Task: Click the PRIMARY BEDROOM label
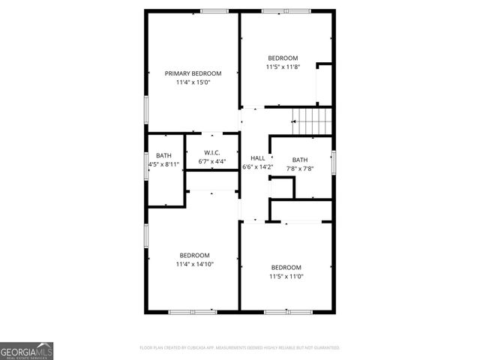point(193,73)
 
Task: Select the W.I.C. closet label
point(212,153)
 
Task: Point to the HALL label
point(256,158)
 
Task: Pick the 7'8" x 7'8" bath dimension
point(300,169)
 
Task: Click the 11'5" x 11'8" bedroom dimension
point(283,67)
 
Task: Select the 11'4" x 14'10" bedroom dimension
point(194,264)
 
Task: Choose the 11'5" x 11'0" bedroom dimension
point(286,276)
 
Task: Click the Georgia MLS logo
point(26,350)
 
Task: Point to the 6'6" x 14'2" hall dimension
point(256,166)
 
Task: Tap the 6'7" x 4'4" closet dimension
point(212,161)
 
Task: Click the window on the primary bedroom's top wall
point(214,10)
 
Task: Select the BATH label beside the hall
point(300,160)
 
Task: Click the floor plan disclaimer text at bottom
point(240,348)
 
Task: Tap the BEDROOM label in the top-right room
point(283,58)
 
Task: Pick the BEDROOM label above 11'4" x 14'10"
point(194,255)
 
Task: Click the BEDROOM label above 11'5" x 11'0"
point(286,268)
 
